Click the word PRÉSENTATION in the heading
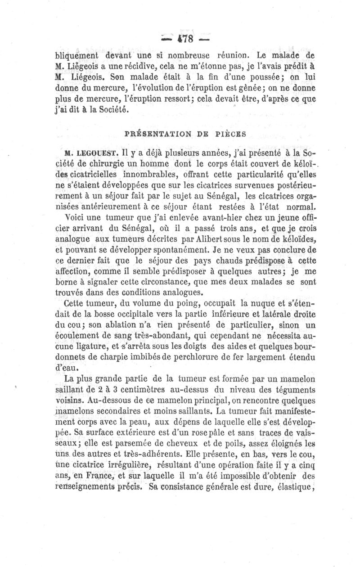(151, 133)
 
